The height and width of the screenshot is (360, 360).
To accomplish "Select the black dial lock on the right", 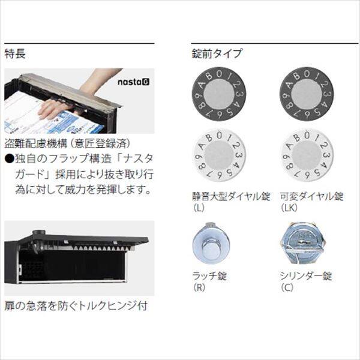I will [306, 95].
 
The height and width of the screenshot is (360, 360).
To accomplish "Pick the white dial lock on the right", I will [306, 155].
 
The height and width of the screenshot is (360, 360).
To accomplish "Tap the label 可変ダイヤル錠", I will [311, 195].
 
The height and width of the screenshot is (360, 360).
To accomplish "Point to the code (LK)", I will [290, 207].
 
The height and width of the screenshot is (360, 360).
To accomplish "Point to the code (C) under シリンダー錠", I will [289, 287].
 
